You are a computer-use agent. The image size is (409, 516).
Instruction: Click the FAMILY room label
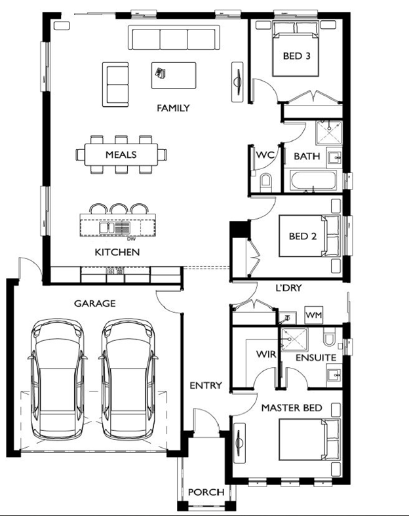tap(173, 108)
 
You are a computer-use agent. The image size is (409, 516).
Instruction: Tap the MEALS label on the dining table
tap(121, 155)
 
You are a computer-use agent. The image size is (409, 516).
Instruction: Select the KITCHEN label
tap(117, 252)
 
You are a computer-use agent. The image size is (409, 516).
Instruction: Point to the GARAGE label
tap(95, 304)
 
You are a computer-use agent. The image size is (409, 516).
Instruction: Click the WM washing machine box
tap(313, 315)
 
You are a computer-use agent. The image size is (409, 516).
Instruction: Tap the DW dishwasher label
tap(131, 239)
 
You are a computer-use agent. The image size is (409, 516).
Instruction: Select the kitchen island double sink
tap(115, 228)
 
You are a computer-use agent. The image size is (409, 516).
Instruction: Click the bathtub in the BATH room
tap(313, 180)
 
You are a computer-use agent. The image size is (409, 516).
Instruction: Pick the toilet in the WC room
tap(266, 182)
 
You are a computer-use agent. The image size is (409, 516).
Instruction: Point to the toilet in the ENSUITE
tap(329, 336)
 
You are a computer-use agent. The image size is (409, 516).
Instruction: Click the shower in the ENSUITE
tap(294, 339)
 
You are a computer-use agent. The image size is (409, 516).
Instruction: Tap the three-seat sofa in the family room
tap(174, 37)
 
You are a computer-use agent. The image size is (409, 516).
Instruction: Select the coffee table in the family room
tap(174, 75)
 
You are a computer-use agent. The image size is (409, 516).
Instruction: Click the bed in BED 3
tap(296, 49)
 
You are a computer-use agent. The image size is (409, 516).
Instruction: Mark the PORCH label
tap(206, 492)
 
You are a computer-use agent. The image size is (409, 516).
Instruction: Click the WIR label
tap(266, 355)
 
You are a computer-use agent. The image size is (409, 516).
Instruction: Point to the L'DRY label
tap(288, 288)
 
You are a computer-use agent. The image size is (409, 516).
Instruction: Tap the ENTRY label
tap(206, 386)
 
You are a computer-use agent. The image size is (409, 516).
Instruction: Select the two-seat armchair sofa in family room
tap(115, 85)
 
